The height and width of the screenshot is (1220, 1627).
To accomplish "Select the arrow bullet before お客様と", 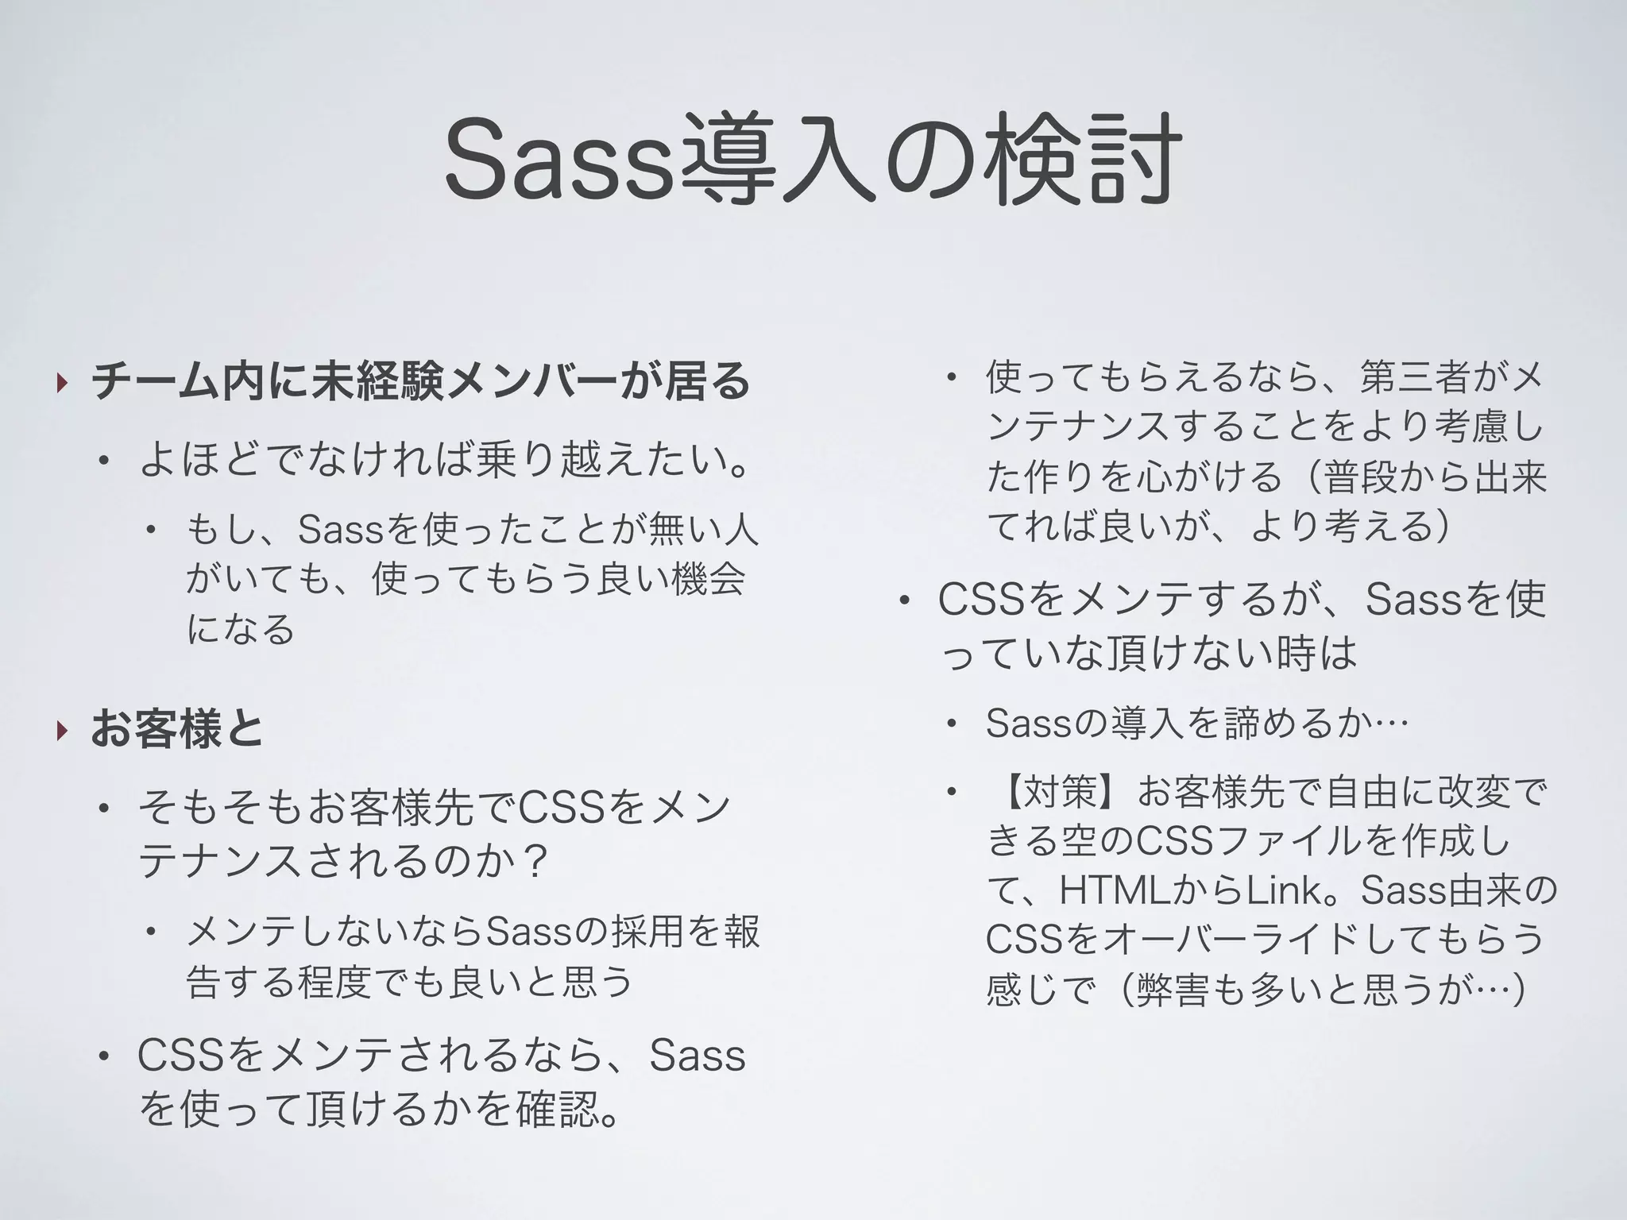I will click(x=62, y=730).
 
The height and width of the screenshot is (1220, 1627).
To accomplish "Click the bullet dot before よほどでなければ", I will click(x=102, y=461).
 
